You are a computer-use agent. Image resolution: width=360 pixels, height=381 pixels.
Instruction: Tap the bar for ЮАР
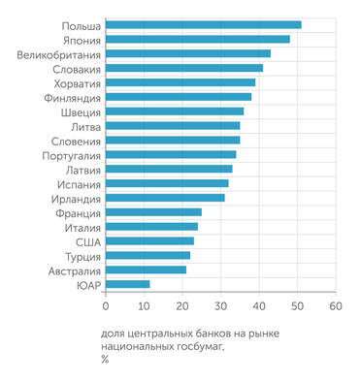pyautogui.click(x=127, y=284)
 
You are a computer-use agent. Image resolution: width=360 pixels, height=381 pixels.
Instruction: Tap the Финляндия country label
pyautogui.click(x=68, y=97)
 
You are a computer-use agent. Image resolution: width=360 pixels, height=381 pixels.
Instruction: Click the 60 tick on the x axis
pyautogui.click(x=335, y=305)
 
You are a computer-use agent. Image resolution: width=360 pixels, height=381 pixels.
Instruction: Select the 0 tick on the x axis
pyautogui.click(x=105, y=305)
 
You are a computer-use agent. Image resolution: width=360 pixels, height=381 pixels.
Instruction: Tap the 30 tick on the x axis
pyautogui.click(x=220, y=305)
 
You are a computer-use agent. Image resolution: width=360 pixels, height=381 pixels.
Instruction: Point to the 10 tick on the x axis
pyautogui.click(x=143, y=305)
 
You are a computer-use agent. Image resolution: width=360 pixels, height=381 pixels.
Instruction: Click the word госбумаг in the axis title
pyautogui.click(x=196, y=346)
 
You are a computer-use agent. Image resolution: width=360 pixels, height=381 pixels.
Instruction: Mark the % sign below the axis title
pyautogui.click(x=105, y=360)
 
